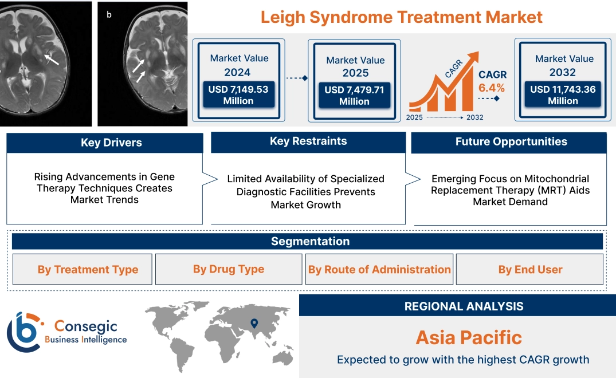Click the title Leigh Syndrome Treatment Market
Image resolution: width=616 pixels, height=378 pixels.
tap(401, 17)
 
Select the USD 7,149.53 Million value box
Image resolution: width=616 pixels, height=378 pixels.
tap(238, 95)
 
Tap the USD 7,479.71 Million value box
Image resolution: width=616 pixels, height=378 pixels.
tap(354, 96)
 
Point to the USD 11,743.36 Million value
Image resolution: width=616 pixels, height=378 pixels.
tap(563, 95)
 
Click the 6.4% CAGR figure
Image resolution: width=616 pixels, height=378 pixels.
tap(492, 88)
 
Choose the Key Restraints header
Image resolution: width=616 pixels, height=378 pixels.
tap(308, 141)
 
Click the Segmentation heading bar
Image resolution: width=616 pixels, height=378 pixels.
tap(310, 241)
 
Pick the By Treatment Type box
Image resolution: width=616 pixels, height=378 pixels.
tap(88, 270)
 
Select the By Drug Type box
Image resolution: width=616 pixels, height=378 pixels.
tap(229, 269)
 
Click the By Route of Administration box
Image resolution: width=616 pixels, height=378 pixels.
tap(379, 270)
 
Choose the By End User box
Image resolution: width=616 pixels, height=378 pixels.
tap(530, 270)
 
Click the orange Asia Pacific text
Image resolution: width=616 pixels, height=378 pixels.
tap(469, 337)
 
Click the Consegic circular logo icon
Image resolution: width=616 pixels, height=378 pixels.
tap(24, 332)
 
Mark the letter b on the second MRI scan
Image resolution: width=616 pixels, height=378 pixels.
tap(109, 14)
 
